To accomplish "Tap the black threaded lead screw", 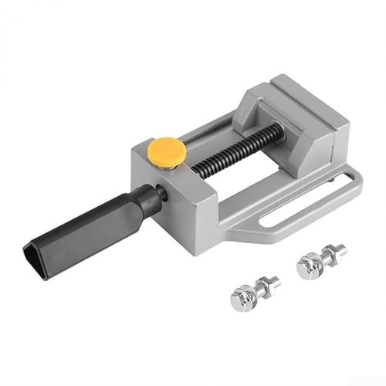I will point(232,151).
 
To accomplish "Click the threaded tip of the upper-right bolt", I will point(340,249).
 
